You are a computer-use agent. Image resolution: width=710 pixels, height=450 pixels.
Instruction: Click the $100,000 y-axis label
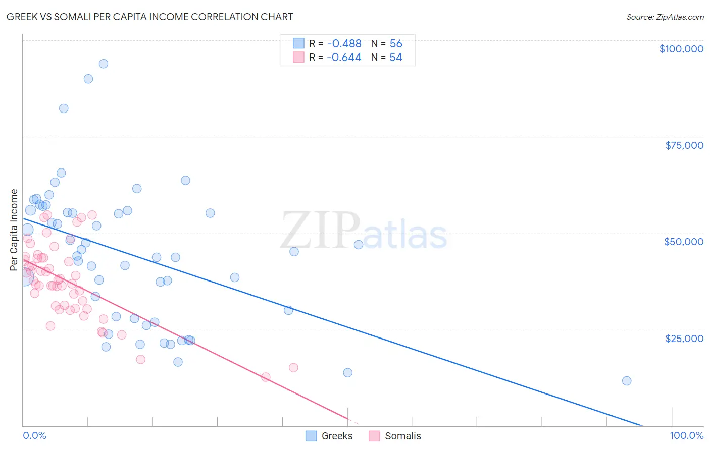tap(681, 49)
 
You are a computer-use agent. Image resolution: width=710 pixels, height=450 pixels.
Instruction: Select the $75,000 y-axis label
tap(684, 145)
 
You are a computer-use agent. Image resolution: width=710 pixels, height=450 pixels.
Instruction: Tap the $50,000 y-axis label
tap(684, 242)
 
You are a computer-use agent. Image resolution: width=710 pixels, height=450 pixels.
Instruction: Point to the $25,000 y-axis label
tap(684, 339)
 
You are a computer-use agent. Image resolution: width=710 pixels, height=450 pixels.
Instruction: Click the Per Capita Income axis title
tap(14, 230)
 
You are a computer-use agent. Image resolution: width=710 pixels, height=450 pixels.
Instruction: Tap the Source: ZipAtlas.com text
tap(665, 17)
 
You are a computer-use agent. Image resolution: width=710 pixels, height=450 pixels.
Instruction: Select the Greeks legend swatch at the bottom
tap(312, 436)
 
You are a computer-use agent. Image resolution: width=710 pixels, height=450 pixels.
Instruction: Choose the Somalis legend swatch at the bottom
tap(374, 436)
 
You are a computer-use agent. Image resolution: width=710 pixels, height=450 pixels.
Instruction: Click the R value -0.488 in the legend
tap(344, 44)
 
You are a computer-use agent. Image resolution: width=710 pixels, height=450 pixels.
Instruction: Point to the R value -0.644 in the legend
tap(344, 58)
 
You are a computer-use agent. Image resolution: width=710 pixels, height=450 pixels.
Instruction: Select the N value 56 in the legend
tap(396, 44)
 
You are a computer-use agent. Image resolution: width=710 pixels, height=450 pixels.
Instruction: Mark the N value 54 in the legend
tap(396, 58)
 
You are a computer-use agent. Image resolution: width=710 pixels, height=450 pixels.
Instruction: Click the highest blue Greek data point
tap(104, 64)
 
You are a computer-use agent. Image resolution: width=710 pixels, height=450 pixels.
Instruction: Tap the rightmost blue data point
tap(627, 381)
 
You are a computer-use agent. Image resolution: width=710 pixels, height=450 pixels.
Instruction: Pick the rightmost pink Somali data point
tap(293, 367)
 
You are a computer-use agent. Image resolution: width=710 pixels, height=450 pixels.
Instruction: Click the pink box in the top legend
tap(298, 58)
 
